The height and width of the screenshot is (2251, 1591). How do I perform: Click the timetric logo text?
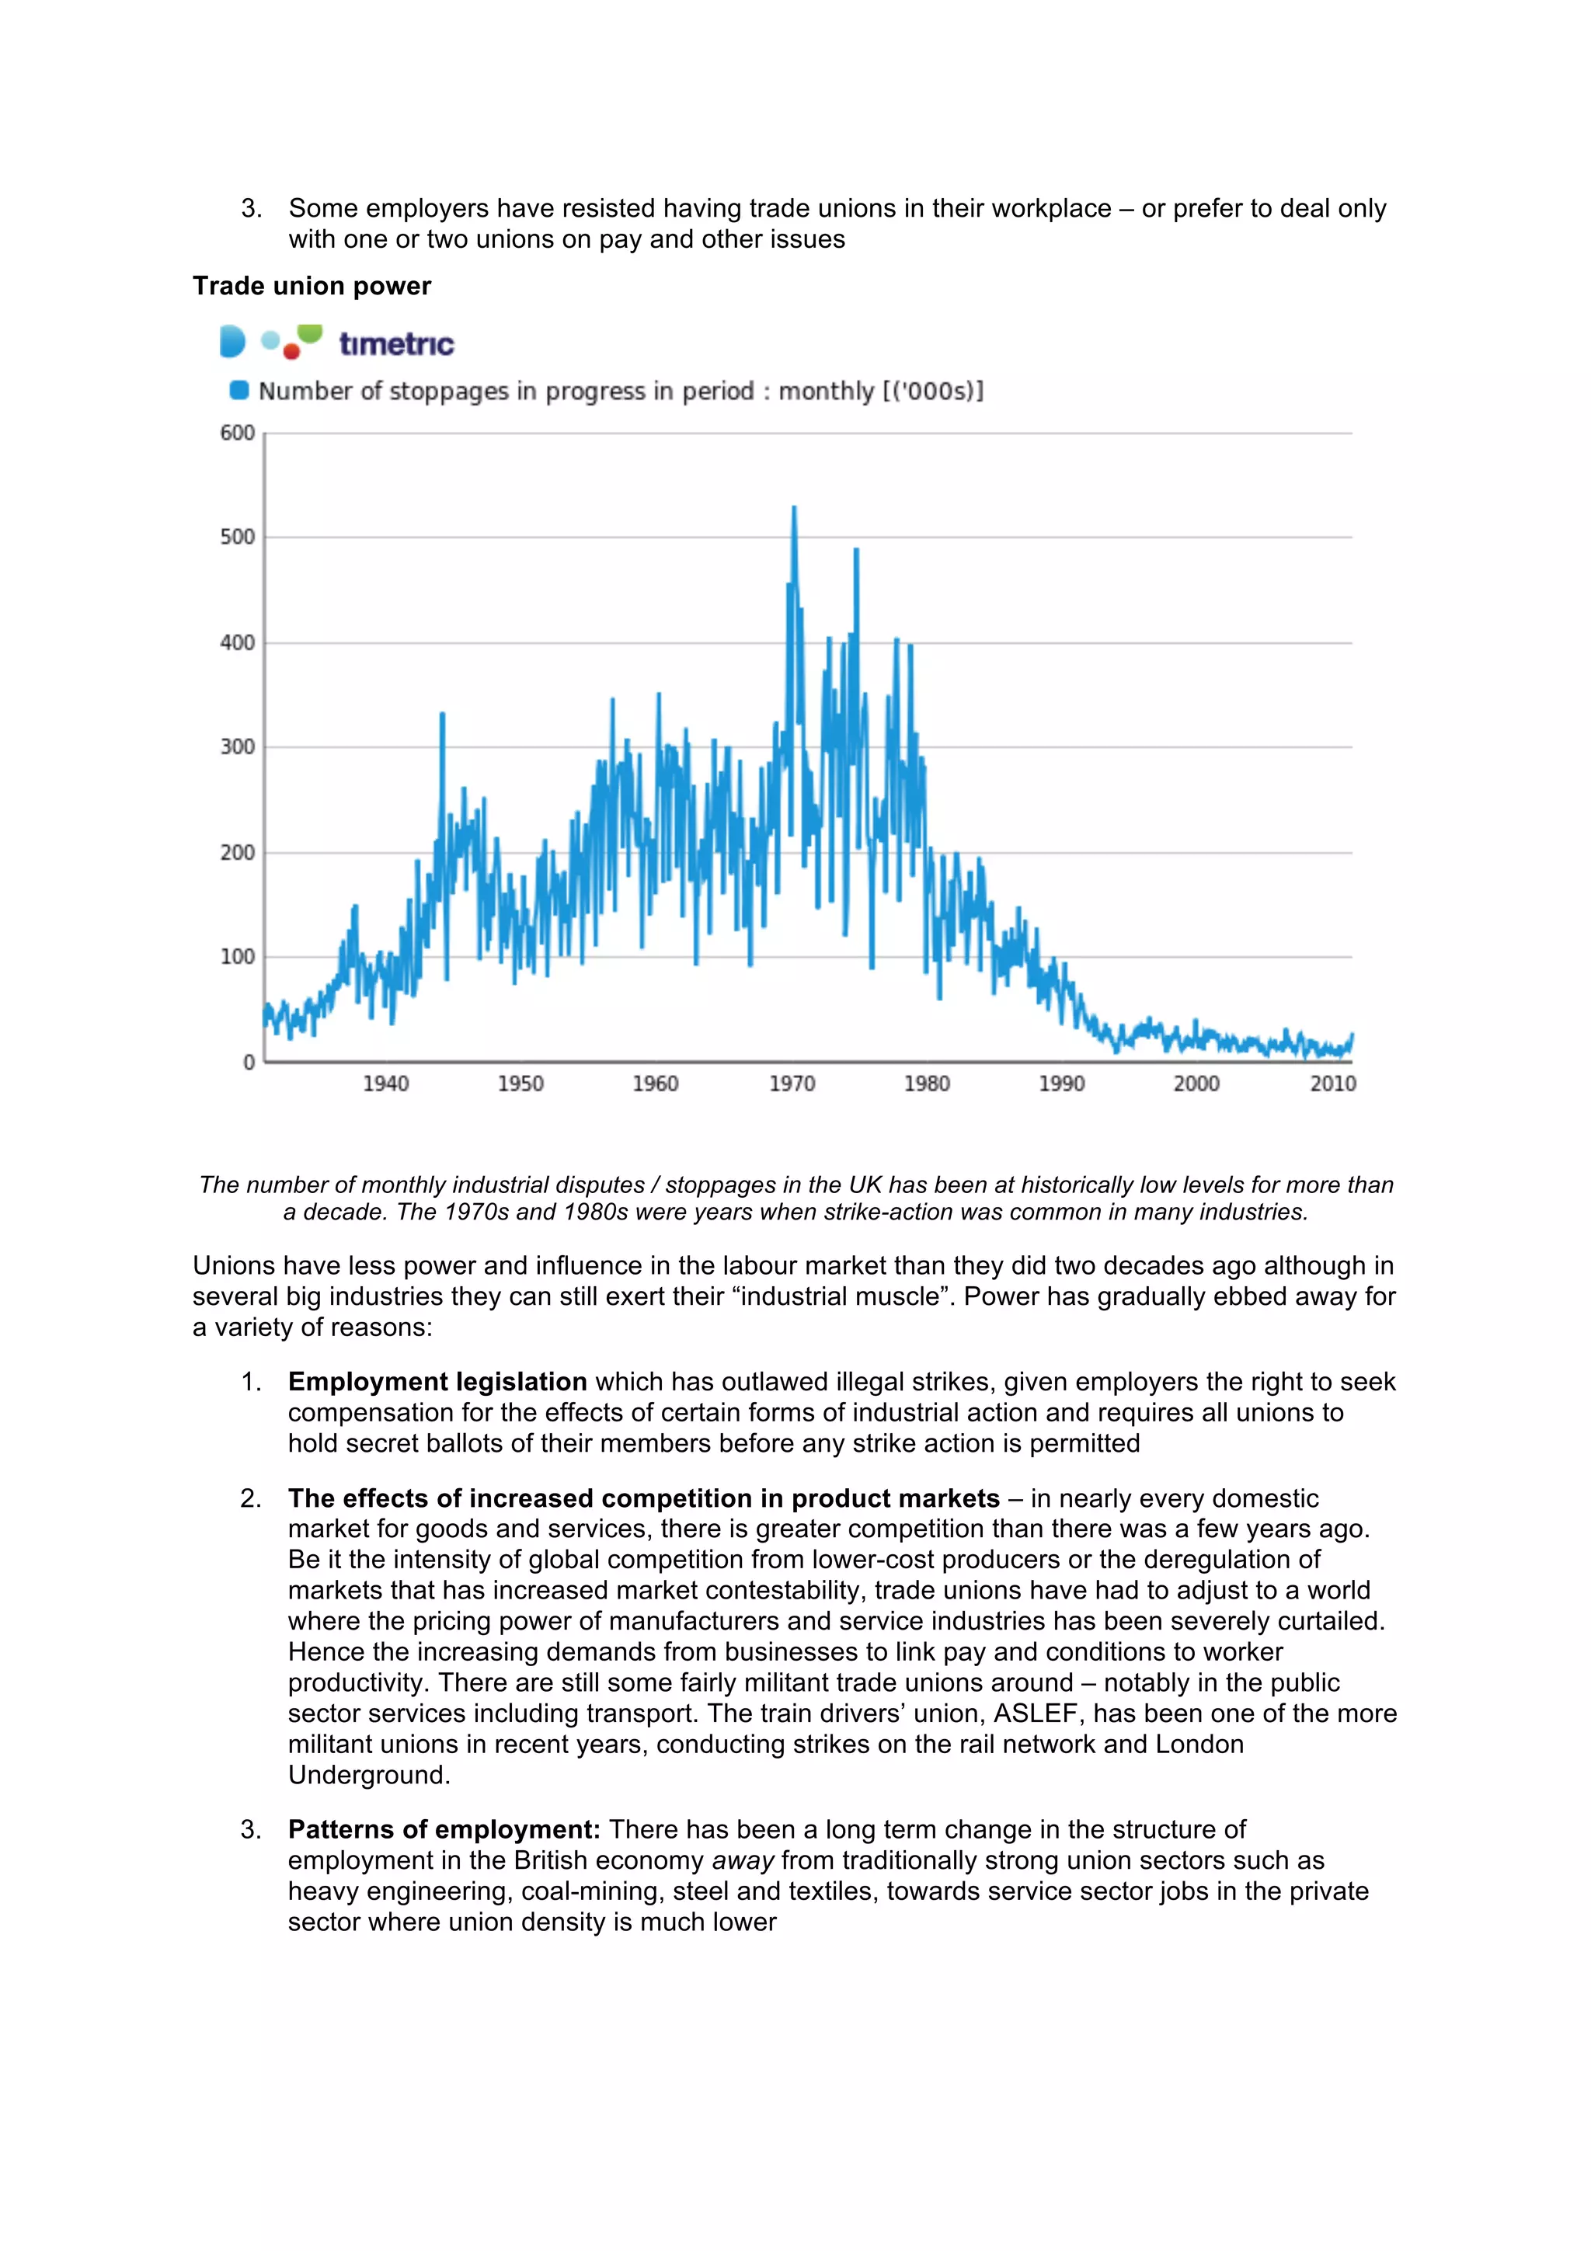tap(396, 343)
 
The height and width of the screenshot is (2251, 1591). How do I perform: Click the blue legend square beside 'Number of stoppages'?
tap(238, 390)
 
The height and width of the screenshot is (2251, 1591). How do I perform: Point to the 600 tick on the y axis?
tap(237, 433)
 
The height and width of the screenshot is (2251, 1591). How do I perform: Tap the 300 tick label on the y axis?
tap(237, 747)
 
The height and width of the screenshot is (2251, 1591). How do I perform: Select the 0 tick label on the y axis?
tap(249, 1062)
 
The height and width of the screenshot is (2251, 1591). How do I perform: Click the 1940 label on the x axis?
tap(385, 1084)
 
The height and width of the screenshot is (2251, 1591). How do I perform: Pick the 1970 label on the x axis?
tap(791, 1084)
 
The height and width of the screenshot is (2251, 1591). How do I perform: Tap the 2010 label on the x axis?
tap(1332, 1084)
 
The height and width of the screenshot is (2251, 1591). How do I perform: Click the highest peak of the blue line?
tap(794, 509)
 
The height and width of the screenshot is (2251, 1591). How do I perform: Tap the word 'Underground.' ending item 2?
tap(368, 1775)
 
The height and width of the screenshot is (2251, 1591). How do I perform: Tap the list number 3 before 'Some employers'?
tap(251, 208)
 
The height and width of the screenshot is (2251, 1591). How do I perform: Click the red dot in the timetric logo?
tap(291, 351)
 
